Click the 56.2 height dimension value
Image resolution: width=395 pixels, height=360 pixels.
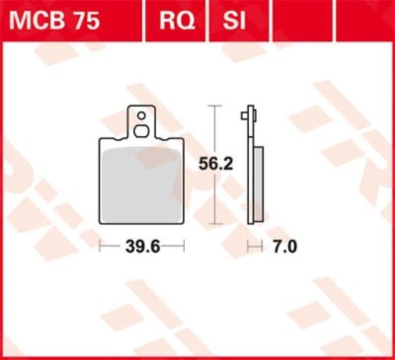(x=215, y=165)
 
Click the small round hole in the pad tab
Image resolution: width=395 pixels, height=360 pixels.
(x=142, y=116)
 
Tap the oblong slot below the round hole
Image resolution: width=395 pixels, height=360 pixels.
(x=142, y=131)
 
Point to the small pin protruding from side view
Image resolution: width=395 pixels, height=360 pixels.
(x=244, y=115)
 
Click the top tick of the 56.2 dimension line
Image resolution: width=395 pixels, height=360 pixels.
(x=213, y=106)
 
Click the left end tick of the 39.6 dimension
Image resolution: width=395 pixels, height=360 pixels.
(x=100, y=246)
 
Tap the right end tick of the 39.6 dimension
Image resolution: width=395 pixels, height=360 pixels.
(x=184, y=246)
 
